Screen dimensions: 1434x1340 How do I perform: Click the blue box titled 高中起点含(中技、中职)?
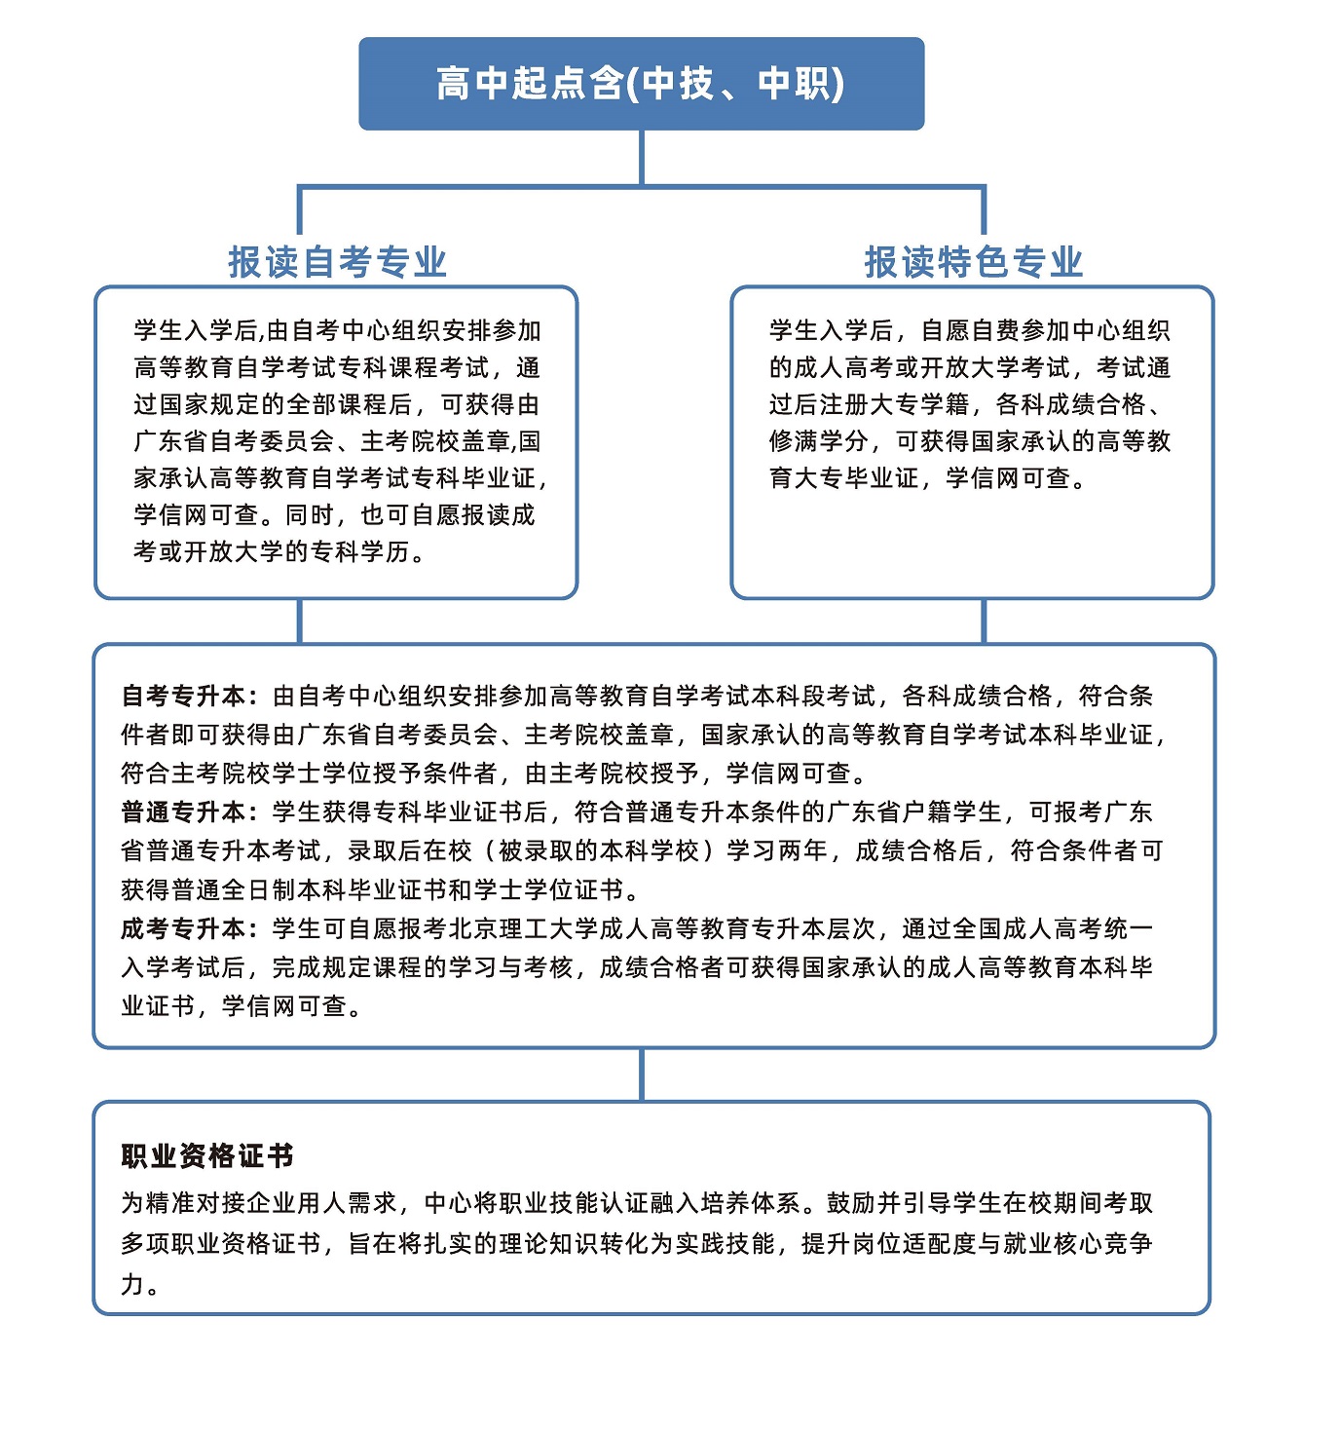tap(641, 84)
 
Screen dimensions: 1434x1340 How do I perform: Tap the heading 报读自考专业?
tap(337, 262)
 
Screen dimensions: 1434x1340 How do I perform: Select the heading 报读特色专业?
tap(973, 262)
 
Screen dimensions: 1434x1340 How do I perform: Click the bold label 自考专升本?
tap(184, 696)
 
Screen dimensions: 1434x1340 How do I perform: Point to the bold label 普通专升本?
tap(184, 812)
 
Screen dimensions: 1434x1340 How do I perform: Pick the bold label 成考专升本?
tap(184, 928)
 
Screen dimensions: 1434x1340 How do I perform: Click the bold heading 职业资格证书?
tap(207, 1156)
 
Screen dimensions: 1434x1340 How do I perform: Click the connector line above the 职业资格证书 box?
tap(642, 1075)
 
